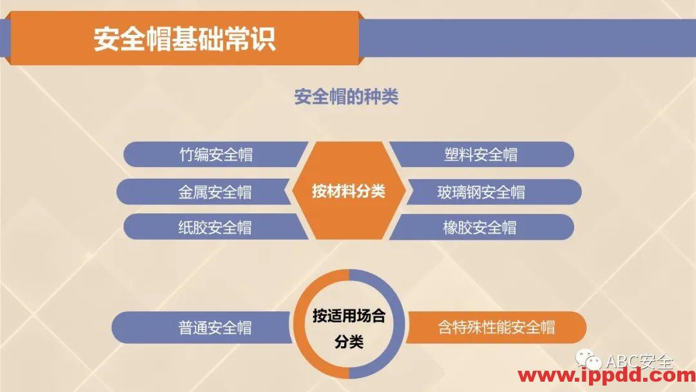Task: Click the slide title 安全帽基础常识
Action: click(x=184, y=38)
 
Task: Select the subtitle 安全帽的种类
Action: click(x=346, y=97)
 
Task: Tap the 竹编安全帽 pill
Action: click(x=215, y=155)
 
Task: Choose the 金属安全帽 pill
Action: click(x=215, y=192)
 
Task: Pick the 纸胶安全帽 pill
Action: click(x=215, y=228)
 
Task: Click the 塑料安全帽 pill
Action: click(x=481, y=155)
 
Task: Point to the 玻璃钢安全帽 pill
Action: click(x=481, y=192)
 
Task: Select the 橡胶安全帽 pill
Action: click(x=479, y=228)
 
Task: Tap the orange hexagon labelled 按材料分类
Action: click(x=348, y=191)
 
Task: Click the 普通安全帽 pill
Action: click(x=215, y=328)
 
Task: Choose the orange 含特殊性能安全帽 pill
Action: click(x=496, y=328)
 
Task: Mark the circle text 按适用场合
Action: click(x=349, y=316)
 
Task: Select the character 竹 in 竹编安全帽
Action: click(x=187, y=155)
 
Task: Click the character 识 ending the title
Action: click(x=263, y=38)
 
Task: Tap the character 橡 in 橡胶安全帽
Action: click(x=450, y=228)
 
